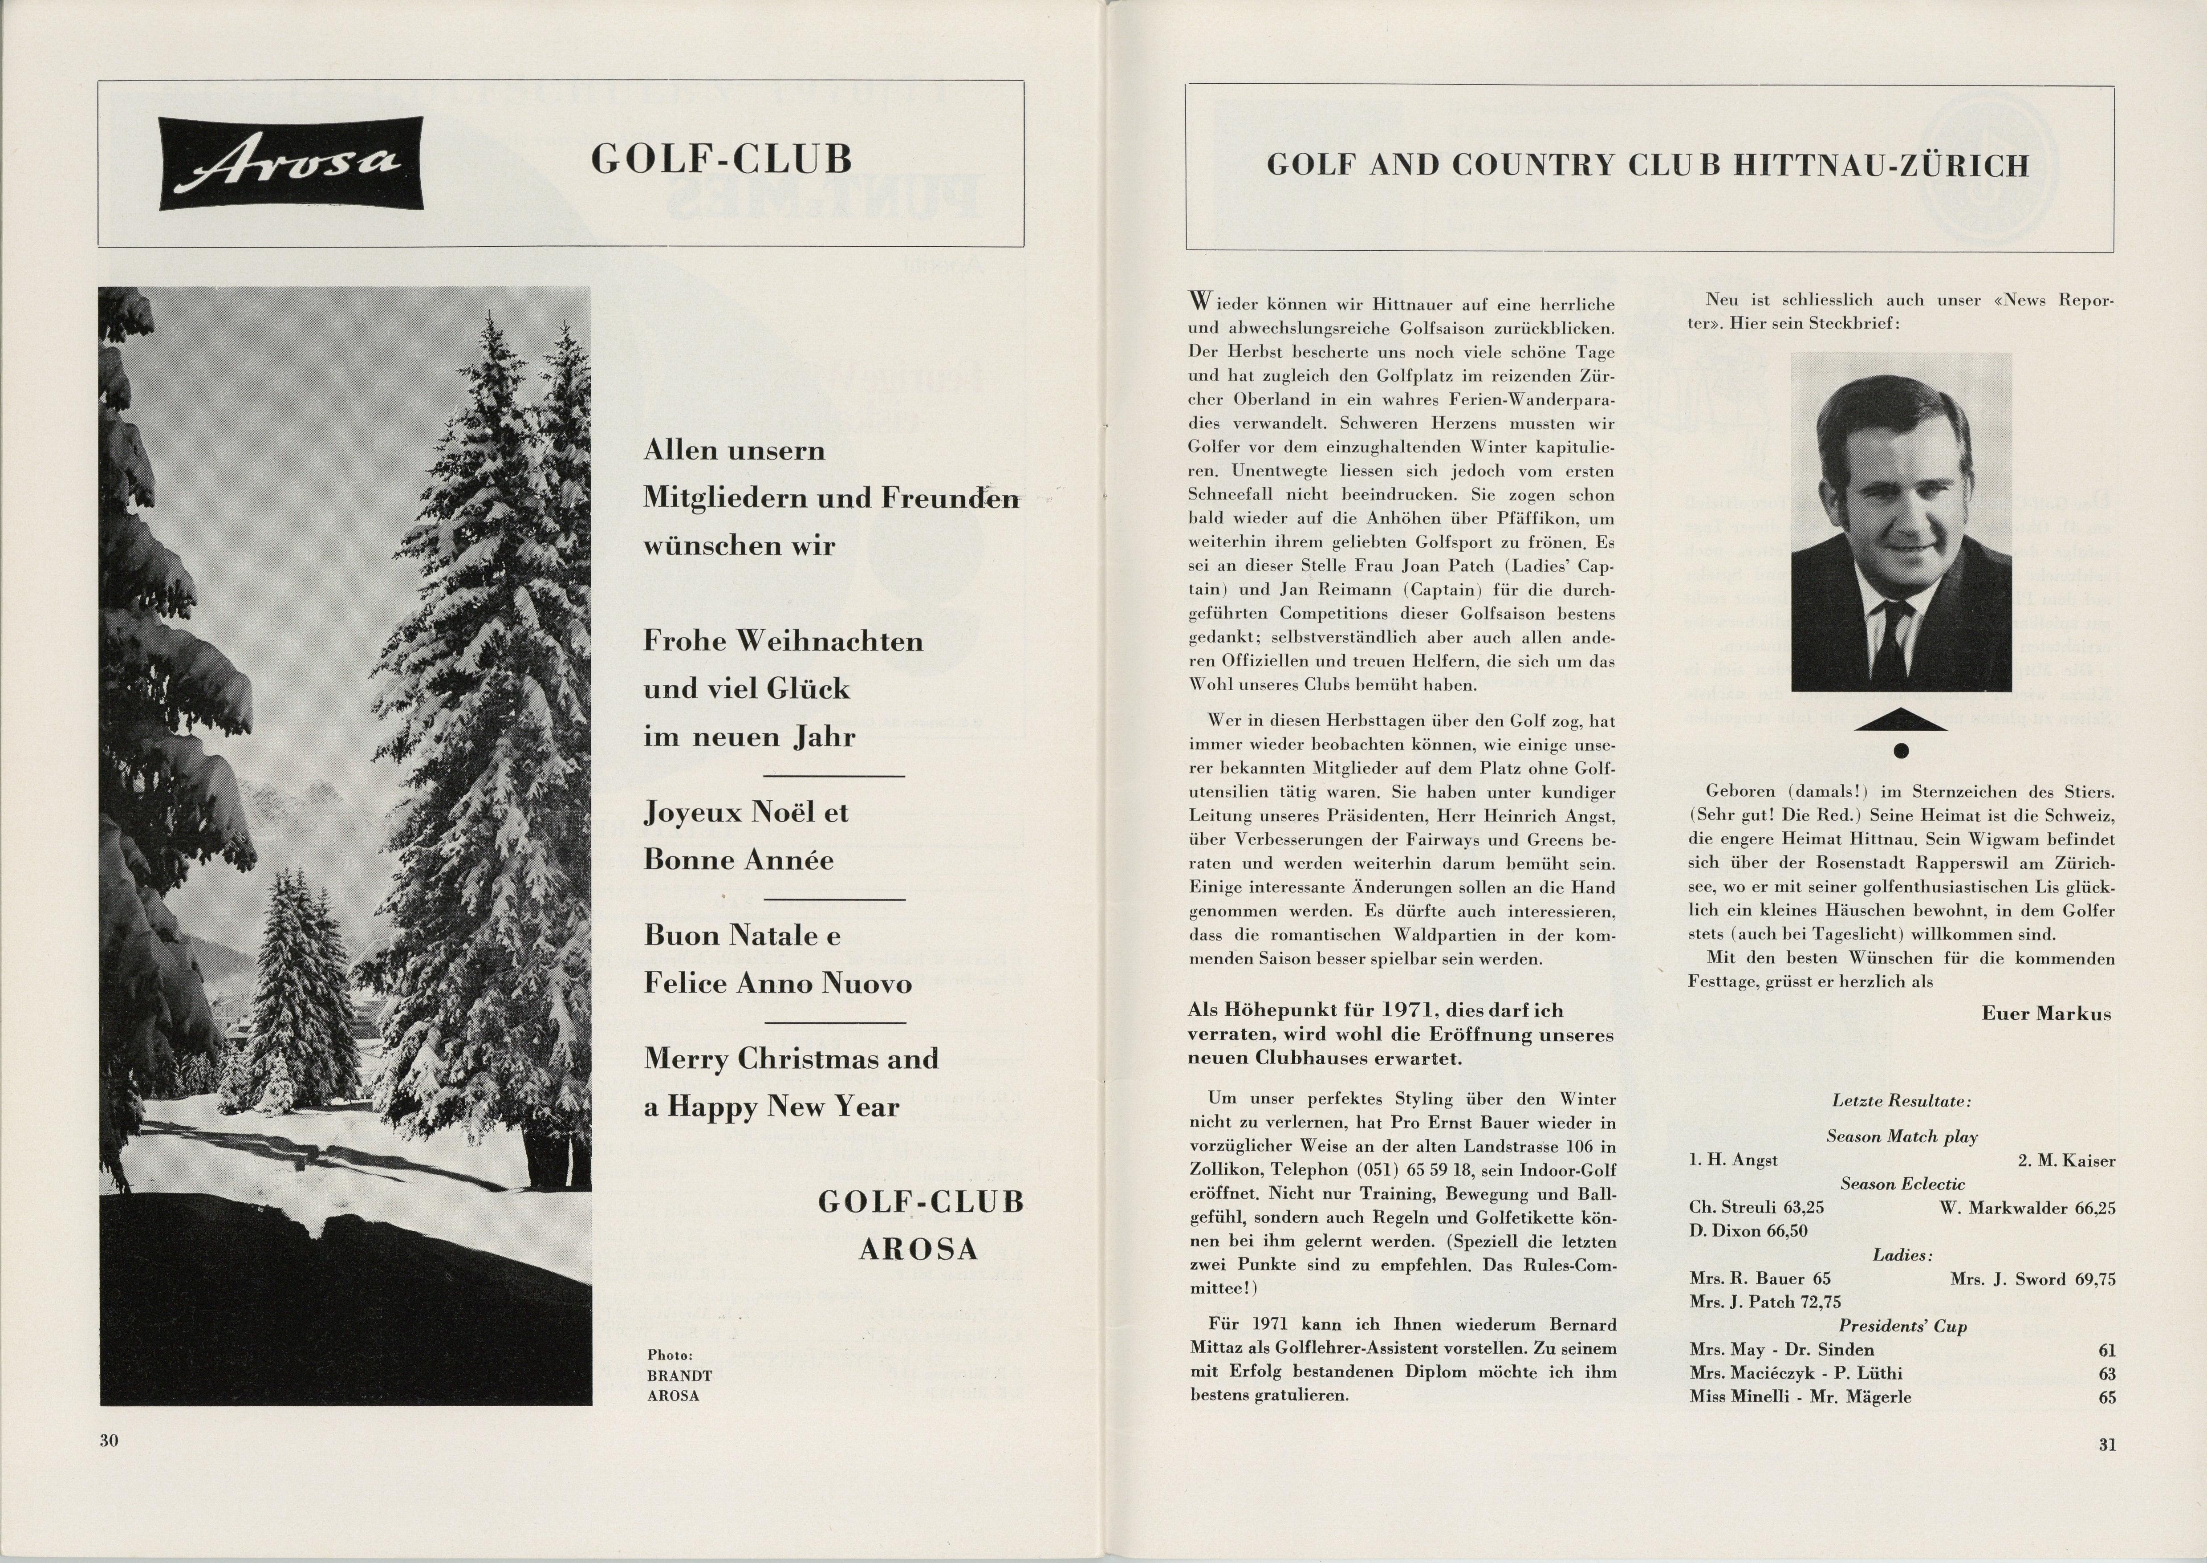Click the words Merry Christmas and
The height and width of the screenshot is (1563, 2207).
(x=791, y=1058)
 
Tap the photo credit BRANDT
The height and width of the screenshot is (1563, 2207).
(x=679, y=1376)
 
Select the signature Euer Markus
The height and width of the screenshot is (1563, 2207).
(x=2046, y=1014)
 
